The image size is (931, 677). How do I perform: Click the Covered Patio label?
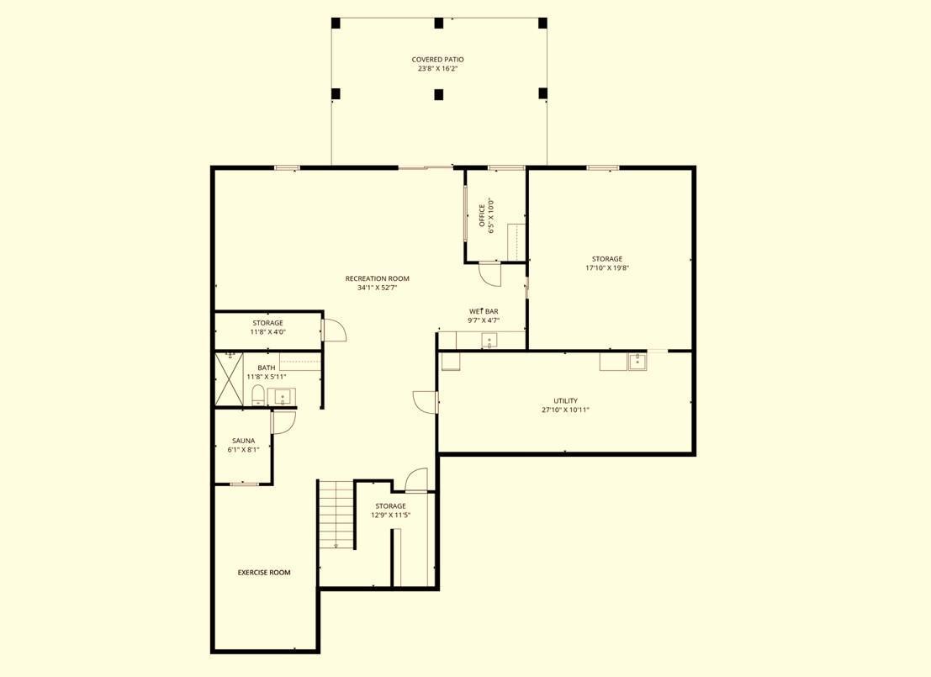pos(437,60)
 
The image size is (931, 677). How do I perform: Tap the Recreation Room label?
pos(377,278)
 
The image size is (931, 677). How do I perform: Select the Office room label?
pos(482,215)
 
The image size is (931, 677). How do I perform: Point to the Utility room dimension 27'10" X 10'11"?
pos(565,410)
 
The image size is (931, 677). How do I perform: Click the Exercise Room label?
pos(264,573)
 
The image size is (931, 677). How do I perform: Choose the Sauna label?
pos(243,441)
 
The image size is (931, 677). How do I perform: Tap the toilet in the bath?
pos(257,395)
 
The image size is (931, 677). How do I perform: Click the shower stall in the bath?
pos(230,379)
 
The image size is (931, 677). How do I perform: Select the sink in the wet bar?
pos(489,341)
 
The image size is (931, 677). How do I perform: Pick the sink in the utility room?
pos(637,361)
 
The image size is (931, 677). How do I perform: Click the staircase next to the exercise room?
pos(336,515)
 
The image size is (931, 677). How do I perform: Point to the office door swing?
pos(489,274)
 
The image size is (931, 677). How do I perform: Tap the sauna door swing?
pos(283,422)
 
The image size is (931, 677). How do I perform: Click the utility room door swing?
pos(425,402)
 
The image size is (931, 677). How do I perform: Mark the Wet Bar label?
pos(484,311)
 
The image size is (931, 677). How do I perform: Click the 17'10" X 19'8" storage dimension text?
pos(607,267)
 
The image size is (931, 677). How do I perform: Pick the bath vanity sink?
pos(283,396)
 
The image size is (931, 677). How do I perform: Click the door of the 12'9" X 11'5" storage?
pos(415,480)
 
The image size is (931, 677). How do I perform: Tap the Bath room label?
pos(266,368)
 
